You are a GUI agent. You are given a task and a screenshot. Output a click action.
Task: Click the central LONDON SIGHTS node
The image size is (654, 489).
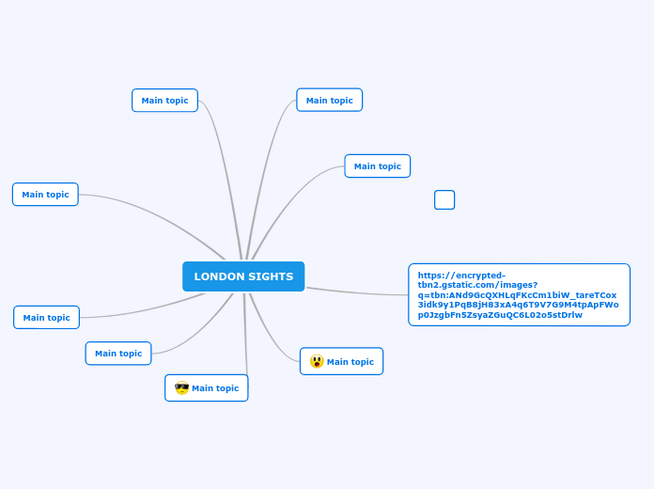tap(243, 276)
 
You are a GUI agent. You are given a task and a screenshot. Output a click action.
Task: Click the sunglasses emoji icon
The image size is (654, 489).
tap(181, 387)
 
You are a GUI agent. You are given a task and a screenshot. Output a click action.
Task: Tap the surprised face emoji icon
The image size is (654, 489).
tap(317, 361)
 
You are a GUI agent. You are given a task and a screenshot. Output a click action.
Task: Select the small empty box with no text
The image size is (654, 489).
tap(444, 199)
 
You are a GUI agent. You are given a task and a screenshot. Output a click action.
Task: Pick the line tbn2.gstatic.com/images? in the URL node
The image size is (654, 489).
tap(477, 285)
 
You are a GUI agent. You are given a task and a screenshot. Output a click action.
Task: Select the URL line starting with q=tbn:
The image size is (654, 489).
tap(517, 294)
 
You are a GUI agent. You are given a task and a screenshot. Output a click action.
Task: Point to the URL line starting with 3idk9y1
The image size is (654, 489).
tap(518, 305)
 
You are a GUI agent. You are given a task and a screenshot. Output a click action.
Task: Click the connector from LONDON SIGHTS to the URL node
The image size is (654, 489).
tap(357, 292)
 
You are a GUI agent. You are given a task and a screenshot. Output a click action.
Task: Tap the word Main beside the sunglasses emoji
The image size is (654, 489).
tap(203, 388)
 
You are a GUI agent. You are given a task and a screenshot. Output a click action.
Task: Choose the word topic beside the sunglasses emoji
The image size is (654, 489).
tap(227, 388)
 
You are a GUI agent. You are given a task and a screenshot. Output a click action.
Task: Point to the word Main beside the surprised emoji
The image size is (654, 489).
tap(337, 362)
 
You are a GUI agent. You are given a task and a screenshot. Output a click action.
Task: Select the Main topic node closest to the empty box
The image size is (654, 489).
tap(377, 166)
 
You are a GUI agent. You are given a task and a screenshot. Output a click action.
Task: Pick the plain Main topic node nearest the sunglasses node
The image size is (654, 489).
tap(118, 354)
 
